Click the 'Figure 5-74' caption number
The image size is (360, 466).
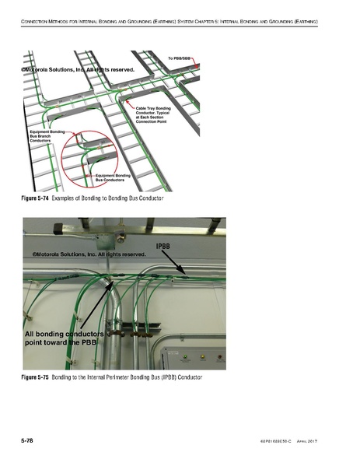pyautogui.click(x=33, y=200)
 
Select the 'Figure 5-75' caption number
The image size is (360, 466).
pyautogui.click(x=33, y=377)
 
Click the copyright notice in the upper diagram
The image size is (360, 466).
pyautogui.click(x=78, y=70)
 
